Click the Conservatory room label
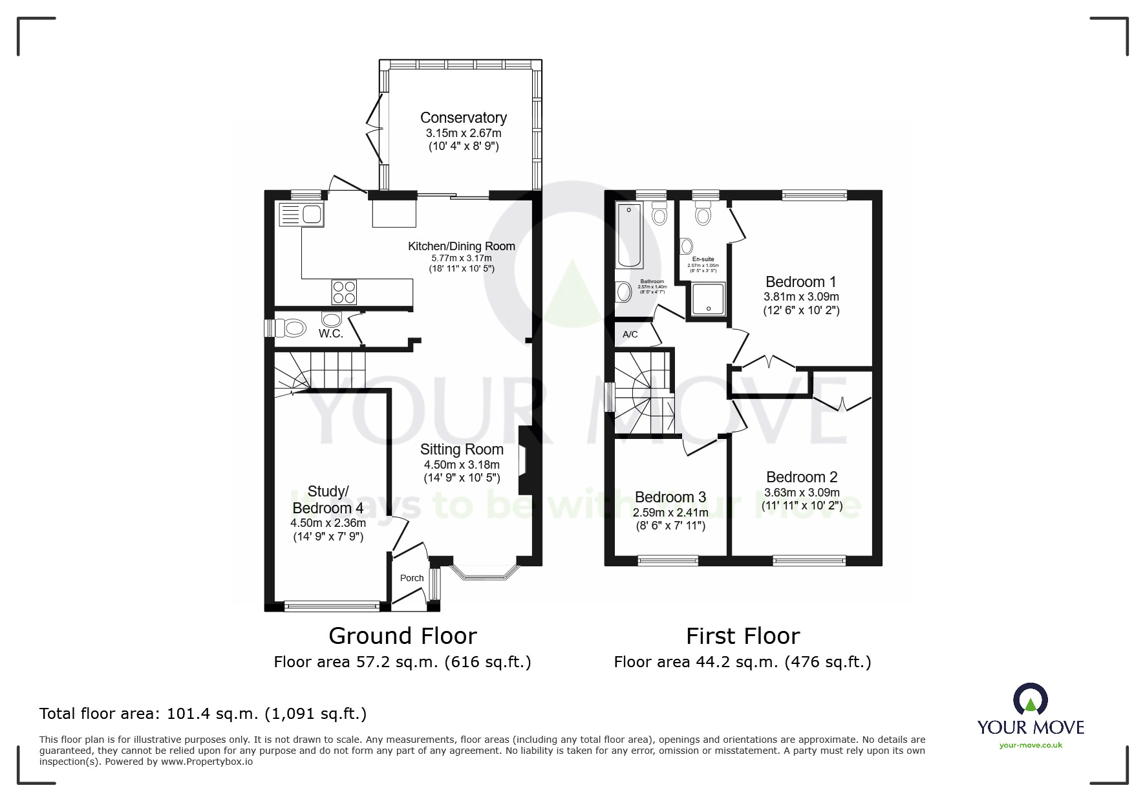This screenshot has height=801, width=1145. click(463, 118)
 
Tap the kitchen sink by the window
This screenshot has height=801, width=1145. click(301, 215)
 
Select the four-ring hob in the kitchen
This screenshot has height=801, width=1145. click(343, 292)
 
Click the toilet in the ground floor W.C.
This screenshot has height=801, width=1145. click(291, 328)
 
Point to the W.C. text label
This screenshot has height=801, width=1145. click(330, 334)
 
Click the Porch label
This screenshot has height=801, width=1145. click(412, 578)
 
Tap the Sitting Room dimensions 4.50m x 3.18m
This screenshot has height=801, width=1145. click(462, 465)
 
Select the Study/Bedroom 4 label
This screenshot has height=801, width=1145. click(328, 500)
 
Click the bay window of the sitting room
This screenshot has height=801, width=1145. click(485, 573)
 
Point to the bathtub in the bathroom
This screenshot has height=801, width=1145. click(630, 235)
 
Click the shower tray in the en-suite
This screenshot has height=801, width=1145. click(709, 299)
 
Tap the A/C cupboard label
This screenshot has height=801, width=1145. click(630, 334)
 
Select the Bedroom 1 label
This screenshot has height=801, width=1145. click(800, 282)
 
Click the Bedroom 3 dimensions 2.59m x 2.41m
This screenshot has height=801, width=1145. click(670, 513)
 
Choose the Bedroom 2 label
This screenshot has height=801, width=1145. click(802, 477)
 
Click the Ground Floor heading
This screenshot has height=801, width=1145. click(402, 636)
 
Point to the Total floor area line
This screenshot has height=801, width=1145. click(203, 714)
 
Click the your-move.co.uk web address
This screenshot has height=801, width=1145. click(1031, 745)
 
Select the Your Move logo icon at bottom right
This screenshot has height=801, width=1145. click(1030, 700)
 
